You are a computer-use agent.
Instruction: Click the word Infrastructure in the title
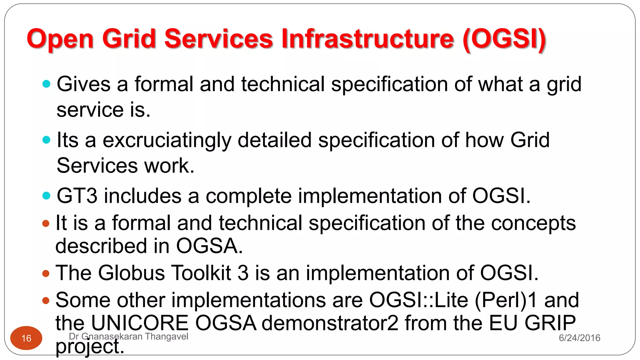click(x=367, y=39)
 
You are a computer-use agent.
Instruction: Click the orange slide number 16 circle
click(x=26, y=338)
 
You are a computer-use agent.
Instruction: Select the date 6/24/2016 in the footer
click(x=579, y=338)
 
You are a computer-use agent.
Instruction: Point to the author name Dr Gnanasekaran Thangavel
click(x=128, y=336)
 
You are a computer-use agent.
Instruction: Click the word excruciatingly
click(x=167, y=140)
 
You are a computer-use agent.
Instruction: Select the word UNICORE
click(x=140, y=323)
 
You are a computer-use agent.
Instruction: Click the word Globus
click(x=132, y=273)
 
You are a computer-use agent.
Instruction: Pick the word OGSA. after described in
click(x=209, y=246)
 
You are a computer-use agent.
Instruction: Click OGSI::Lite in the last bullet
click(x=418, y=300)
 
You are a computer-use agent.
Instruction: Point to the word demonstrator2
click(x=330, y=323)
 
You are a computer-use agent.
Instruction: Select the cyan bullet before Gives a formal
click(x=46, y=84)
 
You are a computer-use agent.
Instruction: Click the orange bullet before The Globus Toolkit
click(x=46, y=274)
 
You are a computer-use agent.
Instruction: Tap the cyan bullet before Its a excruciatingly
click(x=46, y=140)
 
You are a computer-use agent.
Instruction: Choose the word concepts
click(x=533, y=223)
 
